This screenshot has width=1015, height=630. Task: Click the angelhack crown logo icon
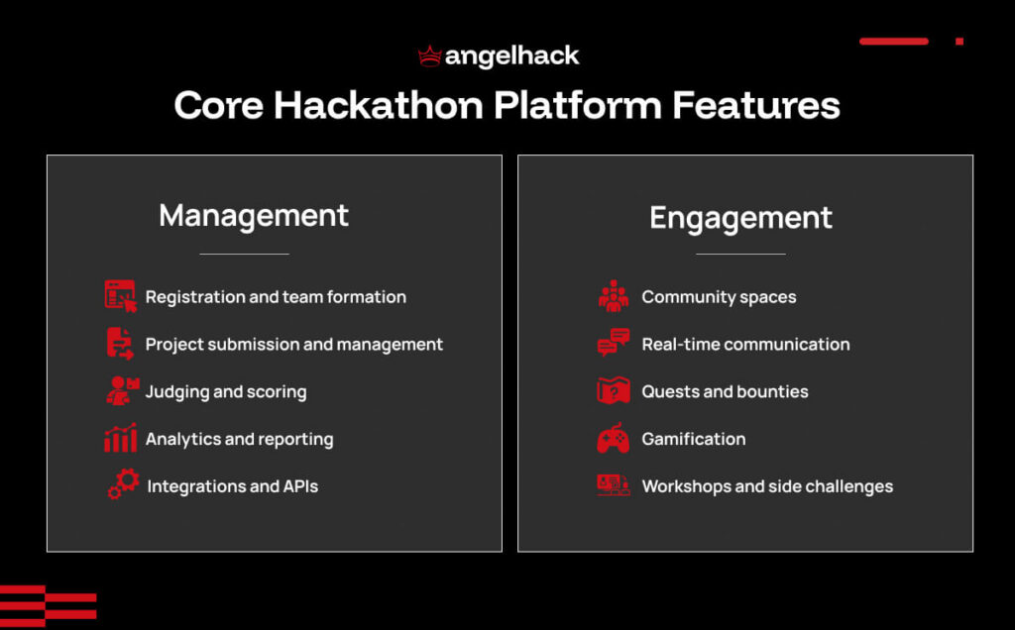(x=429, y=55)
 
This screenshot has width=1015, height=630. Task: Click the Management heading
(x=254, y=216)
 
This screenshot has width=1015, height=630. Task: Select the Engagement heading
(x=740, y=218)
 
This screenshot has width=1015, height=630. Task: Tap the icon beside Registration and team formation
(x=120, y=296)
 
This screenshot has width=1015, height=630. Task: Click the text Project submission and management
(x=293, y=345)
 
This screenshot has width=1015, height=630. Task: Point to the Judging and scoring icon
(x=121, y=391)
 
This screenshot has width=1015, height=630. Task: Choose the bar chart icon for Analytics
(x=120, y=439)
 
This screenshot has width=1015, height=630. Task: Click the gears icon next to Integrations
(x=123, y=485)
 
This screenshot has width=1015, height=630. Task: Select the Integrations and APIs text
(x=232, y=486)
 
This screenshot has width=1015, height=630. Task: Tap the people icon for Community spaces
(x=613, y=296)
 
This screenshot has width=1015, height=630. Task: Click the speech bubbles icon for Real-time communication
(x=613, y=344)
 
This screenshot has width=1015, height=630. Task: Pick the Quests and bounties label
(x=725, y=392)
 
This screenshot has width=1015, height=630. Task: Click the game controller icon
(x=613, y=439)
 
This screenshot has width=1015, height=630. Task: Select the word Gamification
(x=693, y=439)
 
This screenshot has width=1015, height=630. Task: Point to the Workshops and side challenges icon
(x=613, y=485)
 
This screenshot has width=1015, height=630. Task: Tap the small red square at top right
(x=959, y=42)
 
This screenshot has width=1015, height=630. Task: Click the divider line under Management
(x=244, y=255)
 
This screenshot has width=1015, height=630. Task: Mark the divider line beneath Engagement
(x=740, y=255)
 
